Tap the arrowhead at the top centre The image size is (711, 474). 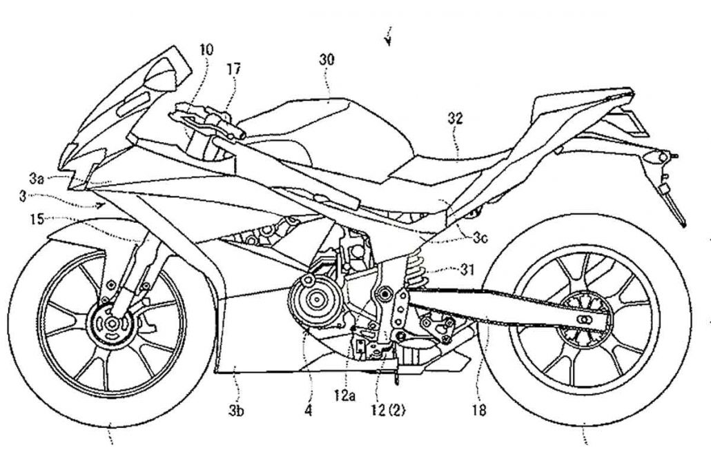point(389,40)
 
